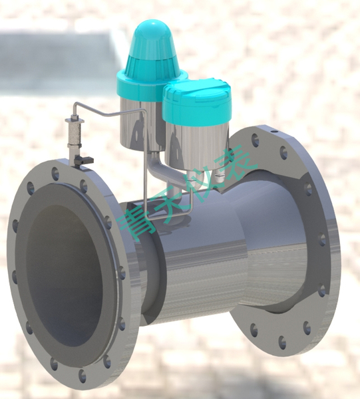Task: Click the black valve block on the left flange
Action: (x=83, y=160)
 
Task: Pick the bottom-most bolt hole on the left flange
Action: (x=82, y=376)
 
